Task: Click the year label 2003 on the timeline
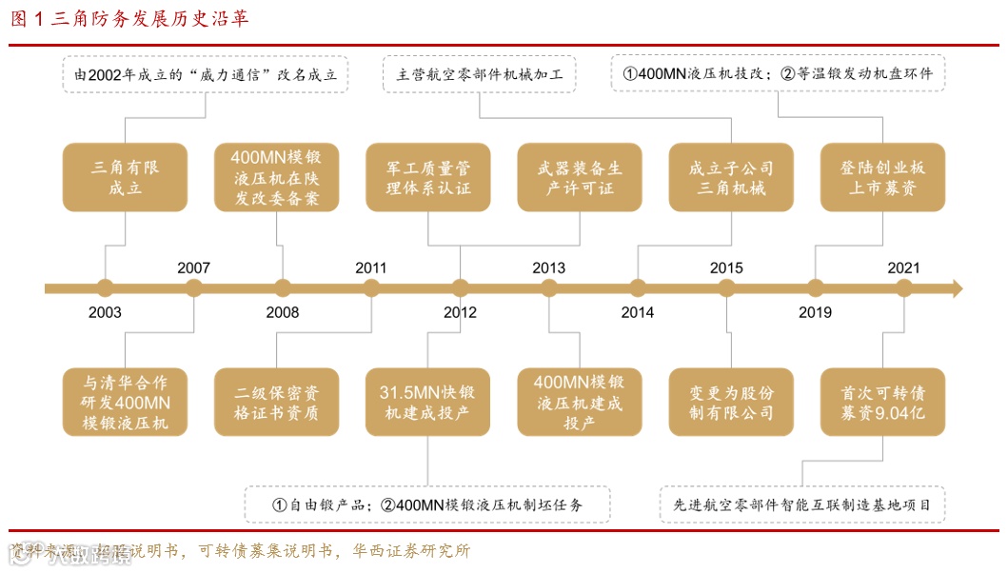click(105, 312)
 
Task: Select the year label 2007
click(193, 267)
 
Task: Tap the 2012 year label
click(460, 312)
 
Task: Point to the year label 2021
click(903, 267)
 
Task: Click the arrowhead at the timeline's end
click(957, 288)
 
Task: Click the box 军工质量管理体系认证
click(428, 178)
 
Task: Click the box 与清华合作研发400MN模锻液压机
click(125, 402)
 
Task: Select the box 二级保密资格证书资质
click(277, 402)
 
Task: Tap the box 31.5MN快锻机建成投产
click(428, 402)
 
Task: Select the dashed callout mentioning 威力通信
click(206, 74)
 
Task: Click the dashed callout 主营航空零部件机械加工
click(480, 74)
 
